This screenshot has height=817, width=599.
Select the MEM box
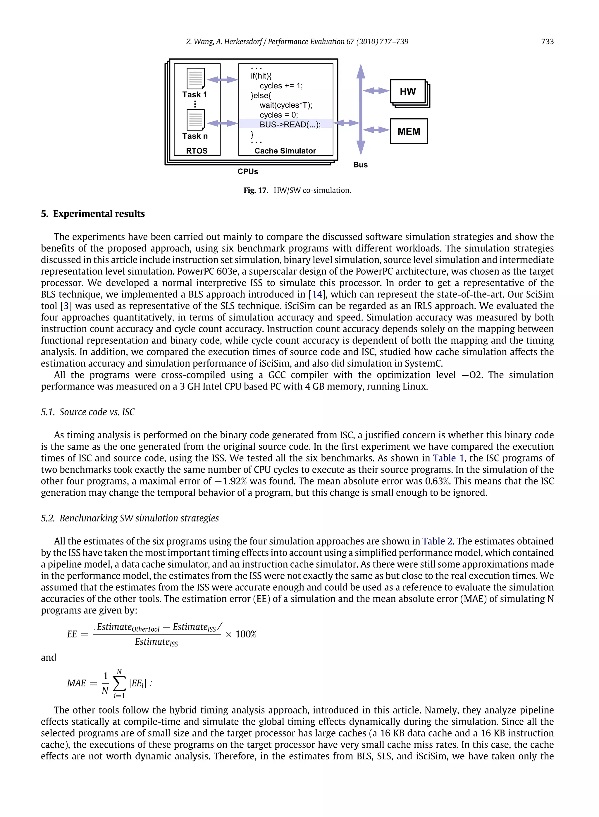(409, 131)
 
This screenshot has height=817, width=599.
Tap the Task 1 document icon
(195, 78)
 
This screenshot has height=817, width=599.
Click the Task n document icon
(195, 120)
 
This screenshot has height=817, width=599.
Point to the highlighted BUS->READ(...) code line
(290, 124)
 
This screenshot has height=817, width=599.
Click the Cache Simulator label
(285, 151)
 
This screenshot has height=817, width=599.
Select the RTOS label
(197, 151)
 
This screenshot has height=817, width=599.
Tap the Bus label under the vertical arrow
(360, 165)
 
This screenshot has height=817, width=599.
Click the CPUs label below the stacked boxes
(248, 171)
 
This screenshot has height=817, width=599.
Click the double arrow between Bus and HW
(376, 91)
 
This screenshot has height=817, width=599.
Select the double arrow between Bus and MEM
(376, 130)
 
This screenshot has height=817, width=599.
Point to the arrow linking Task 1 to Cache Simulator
(222, 79)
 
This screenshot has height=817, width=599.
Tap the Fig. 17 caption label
(256, 190)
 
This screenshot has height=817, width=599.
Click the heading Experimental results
(98, 214)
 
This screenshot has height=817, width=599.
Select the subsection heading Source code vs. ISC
(97, 412)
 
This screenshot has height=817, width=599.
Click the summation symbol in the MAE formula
(119, 684)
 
